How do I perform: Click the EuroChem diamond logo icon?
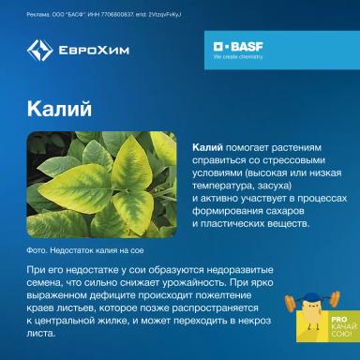tap(39, 51)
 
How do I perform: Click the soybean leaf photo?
tap(103, 185)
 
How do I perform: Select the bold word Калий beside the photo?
tap(207, 148)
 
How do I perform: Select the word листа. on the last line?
tap(42, 333)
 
